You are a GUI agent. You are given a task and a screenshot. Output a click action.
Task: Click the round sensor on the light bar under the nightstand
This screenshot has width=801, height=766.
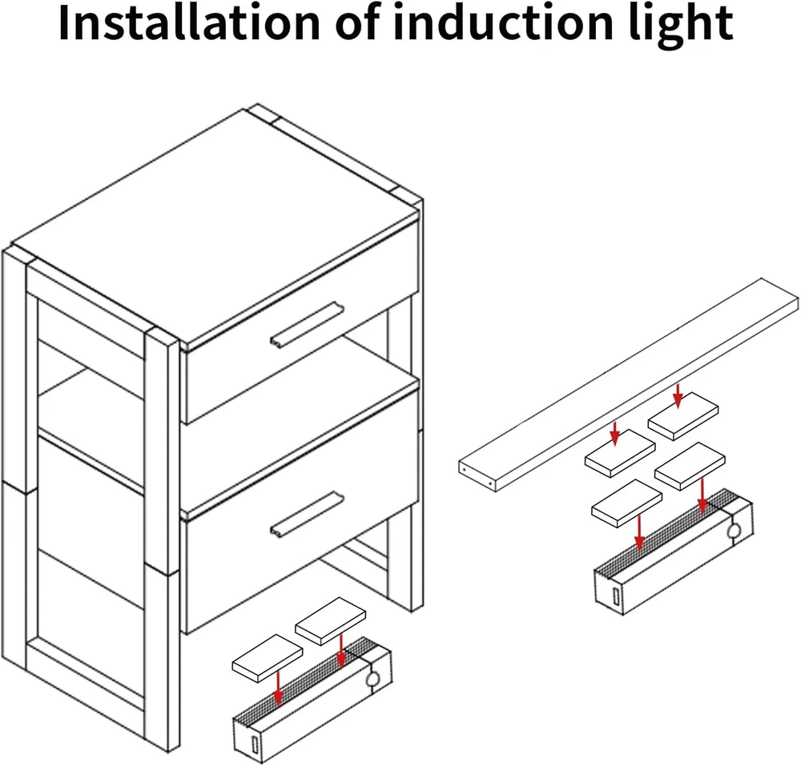pos(372,680)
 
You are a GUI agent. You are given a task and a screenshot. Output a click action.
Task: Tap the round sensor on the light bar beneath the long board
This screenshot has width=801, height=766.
pos(734,530)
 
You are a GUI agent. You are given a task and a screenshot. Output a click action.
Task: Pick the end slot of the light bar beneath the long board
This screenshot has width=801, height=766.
pos(615,596)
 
